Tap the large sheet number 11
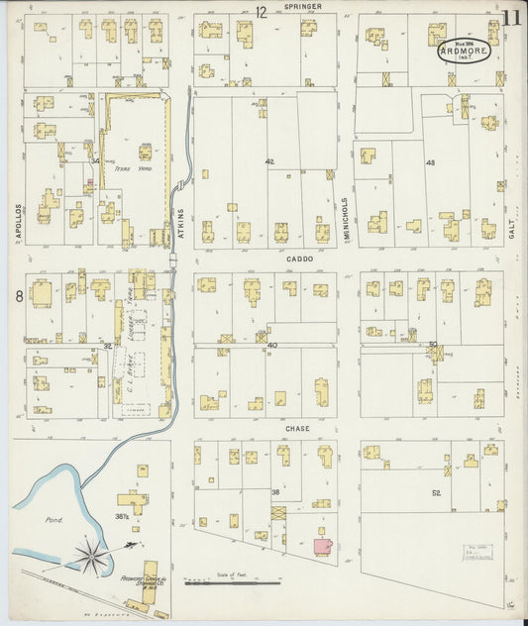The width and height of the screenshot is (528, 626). click(511, 17)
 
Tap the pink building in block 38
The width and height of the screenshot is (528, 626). click(322, 546)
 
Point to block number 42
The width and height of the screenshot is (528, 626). click(268, 160)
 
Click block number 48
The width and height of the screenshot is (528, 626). click(430, 162)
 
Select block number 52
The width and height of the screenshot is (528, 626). click(435, 492)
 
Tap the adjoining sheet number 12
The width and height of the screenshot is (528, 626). click(261, 13)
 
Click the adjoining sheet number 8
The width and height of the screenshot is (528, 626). click(18, 295)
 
